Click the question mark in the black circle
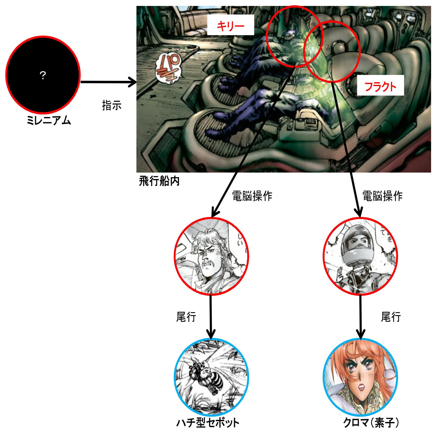43,75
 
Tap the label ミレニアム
49,121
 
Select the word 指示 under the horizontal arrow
112,105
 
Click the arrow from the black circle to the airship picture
108,82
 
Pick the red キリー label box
230,25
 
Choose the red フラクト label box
380,86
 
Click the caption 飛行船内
159,181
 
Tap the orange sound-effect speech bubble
168,68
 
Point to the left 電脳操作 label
252,196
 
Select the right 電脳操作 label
382,196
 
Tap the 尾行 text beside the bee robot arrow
186,317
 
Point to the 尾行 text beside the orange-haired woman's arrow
391,317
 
